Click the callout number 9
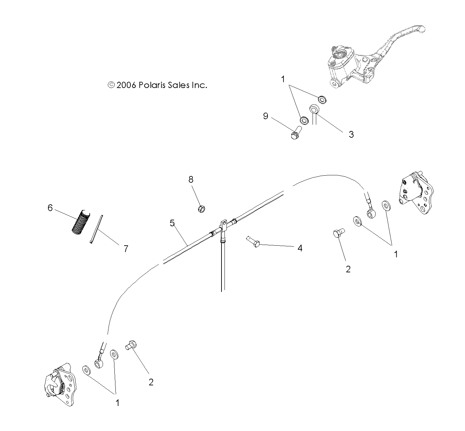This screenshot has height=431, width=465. click(x=266, y=116)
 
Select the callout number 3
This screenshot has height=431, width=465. click(x=351, y=134)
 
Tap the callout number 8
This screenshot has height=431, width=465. click(x=191, y=180)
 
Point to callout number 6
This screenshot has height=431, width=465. click(x=50, y=208)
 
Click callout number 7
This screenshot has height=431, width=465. click(x=126, y=248)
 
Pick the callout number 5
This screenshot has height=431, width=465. click(x=172, y=223)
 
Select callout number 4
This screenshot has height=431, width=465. click(x=300, y=248)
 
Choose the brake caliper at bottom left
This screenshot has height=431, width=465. click(x=60, y=387)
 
